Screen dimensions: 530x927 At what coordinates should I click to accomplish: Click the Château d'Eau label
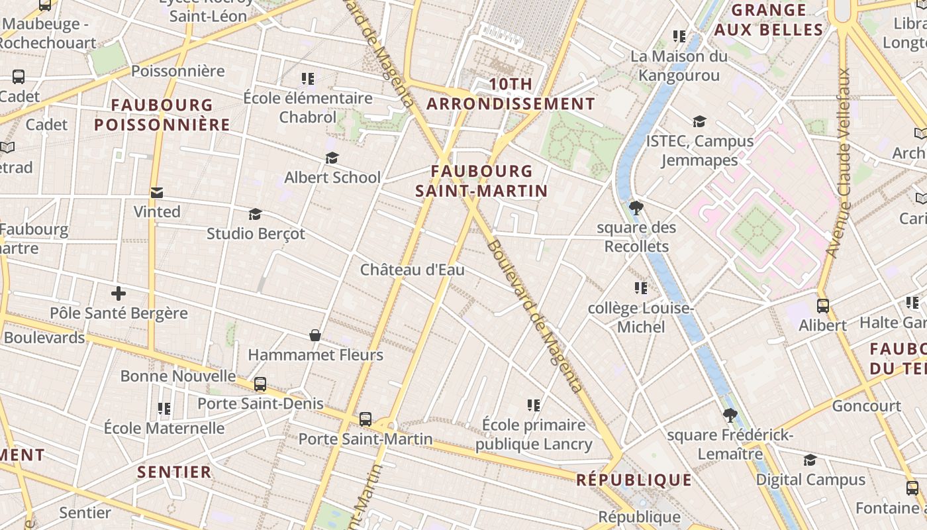412,270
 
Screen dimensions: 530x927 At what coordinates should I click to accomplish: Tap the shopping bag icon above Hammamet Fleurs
315,335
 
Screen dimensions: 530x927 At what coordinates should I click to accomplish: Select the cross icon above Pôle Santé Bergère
119,293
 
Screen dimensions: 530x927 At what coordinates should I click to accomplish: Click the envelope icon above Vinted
157,193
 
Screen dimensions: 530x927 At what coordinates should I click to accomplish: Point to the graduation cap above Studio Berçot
255,214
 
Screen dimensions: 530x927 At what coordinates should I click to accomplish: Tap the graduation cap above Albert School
332,158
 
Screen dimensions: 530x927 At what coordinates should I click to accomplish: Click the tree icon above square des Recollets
636,208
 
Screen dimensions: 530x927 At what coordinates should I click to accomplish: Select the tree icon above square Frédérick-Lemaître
730,415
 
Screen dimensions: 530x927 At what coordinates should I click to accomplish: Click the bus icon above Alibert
822,306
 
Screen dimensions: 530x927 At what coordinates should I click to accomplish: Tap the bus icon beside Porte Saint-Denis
260,384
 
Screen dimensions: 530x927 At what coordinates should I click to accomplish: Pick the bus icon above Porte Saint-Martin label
365,419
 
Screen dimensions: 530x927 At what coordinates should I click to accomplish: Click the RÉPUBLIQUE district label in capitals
634,480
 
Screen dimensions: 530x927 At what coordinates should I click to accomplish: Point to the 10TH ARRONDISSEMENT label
511,94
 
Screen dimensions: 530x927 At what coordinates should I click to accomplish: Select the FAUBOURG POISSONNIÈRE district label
162,115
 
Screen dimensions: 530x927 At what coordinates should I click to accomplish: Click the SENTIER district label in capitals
174,472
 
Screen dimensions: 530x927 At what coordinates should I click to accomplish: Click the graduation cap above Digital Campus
810,460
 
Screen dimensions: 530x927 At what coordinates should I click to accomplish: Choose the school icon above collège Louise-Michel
640,288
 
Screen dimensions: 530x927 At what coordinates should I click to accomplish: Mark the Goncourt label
866,405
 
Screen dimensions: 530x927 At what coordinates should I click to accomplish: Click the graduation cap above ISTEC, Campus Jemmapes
699,121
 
